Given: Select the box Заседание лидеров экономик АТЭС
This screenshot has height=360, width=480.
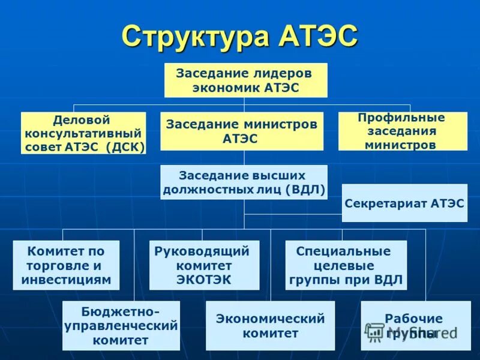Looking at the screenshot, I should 246,80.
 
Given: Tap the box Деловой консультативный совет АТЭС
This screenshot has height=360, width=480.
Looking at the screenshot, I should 83,133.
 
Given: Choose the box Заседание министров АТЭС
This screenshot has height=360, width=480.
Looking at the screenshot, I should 242,131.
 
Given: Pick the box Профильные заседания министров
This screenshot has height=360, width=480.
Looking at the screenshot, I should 402,131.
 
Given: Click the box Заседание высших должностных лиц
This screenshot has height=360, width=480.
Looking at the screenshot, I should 244,182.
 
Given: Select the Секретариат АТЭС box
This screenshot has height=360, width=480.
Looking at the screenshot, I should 404,203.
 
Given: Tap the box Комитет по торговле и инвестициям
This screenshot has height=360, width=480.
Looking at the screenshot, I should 66,265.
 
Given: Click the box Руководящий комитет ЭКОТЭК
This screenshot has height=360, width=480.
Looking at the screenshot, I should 204,265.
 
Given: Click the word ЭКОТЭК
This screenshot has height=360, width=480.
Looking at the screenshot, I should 203,280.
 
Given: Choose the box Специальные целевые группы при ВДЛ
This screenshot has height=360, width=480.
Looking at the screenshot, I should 346,265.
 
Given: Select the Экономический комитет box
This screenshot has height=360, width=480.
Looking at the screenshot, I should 270,326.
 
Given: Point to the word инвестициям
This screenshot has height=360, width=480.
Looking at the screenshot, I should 66,280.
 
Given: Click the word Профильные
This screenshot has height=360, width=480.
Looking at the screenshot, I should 401,117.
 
